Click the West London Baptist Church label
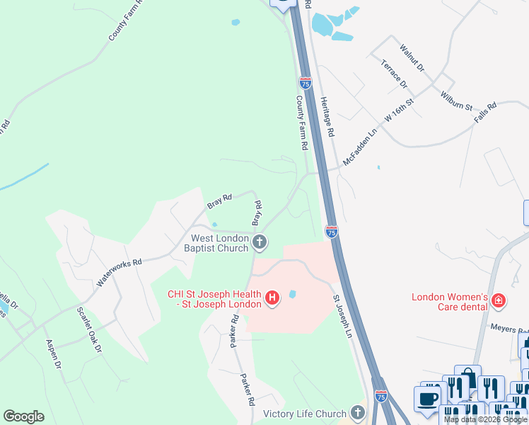coord(216,243)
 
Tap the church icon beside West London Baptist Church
coord(260,243)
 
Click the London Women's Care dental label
coord(450,302)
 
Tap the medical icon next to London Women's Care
coord(499,301)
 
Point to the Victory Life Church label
coord(305,414)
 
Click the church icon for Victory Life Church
coord(357,413)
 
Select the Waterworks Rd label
coord(120,271)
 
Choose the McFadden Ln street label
coord(360,147)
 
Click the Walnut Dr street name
coord(412,58)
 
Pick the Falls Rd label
coord(486,114)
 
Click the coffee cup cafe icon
coord(427,398)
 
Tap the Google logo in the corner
coord(23,416)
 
